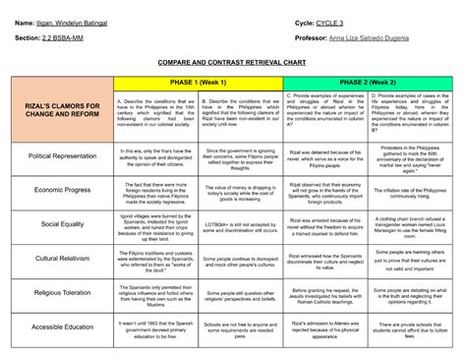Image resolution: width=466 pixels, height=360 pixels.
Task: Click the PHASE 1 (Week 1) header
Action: (x=198, y=83)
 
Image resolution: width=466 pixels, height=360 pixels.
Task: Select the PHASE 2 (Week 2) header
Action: (x=369, y=83)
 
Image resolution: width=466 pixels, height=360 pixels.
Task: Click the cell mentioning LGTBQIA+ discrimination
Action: (x=240, y=224)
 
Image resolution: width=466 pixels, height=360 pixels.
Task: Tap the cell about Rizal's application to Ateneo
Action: (x=325, y=327)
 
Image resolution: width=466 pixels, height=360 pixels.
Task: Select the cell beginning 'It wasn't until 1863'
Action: (x=155, y=327)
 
